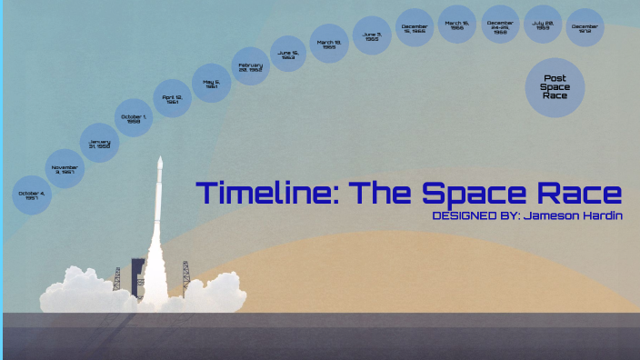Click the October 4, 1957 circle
click(32, 196)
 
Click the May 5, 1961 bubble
click(211, 83)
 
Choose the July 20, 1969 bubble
click(544, 25)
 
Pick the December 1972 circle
click(585, 27)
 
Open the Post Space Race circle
click(555, 87)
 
